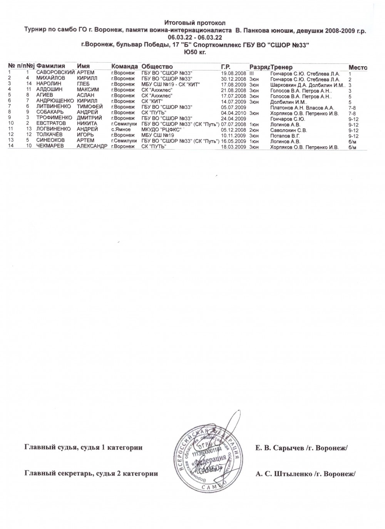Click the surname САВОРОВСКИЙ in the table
55,73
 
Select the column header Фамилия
50,67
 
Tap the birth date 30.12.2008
234,78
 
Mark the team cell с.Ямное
121,130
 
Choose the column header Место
357,67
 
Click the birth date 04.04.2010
234,113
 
